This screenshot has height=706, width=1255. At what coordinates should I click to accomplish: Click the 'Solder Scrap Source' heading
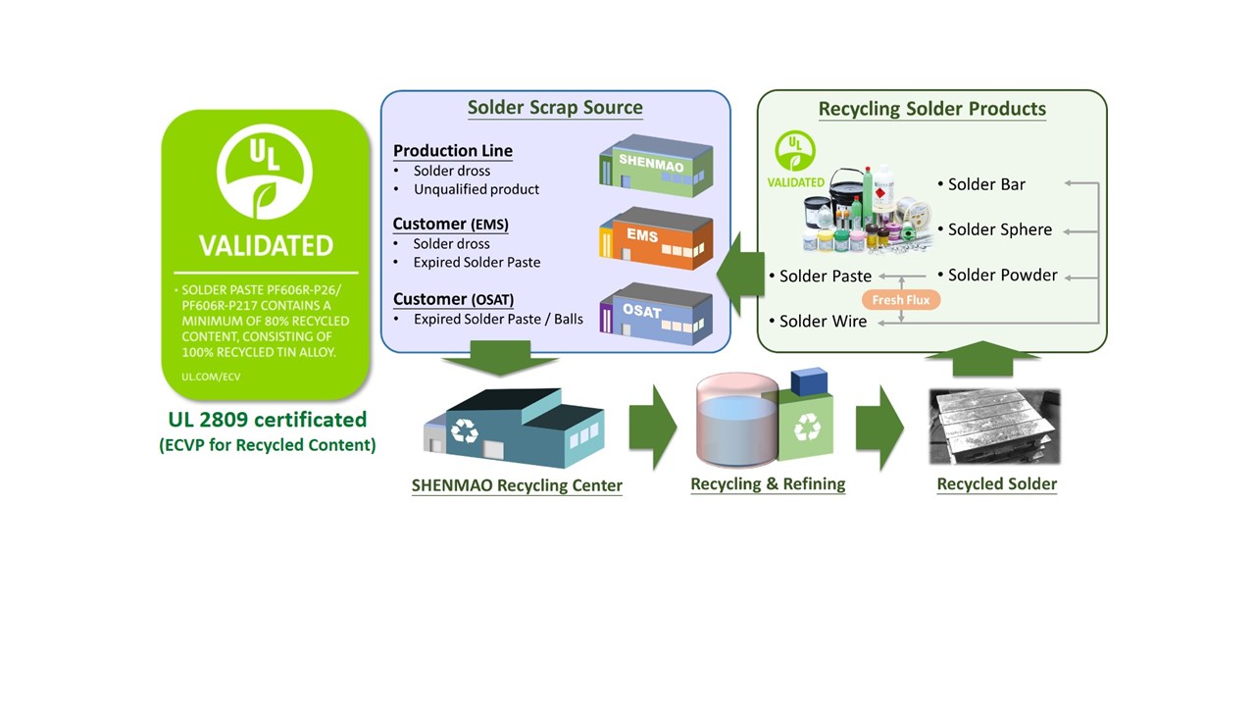(x=555, y=108)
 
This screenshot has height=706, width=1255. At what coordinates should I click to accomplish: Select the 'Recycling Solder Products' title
(x=931, y=109)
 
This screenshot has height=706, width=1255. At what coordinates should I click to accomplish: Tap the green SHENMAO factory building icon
(x=655, y=165)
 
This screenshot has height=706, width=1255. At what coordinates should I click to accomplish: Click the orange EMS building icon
(x=655, y=237)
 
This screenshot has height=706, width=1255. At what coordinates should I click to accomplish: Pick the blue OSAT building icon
(x=655, y=313)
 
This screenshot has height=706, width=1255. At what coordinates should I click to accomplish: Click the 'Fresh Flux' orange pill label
(x=900, y=299)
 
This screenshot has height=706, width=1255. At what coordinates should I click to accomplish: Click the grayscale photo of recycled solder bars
(x=994, y=426)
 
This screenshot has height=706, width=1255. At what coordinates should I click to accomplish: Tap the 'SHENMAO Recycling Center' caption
(x=517, y=485)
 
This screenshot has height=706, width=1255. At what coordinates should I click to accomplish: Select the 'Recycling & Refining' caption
(x=768, y=483)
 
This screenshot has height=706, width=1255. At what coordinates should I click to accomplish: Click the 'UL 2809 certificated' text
(x=268, y=420)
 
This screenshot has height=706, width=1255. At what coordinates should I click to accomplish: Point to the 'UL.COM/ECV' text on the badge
(x=211, y=377)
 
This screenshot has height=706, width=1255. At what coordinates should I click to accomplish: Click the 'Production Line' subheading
(x=452, y=151)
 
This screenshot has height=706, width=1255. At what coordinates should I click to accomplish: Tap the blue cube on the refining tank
(x=809, y=381)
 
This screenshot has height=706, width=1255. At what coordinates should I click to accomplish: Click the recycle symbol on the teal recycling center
(x=464, y=430)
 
